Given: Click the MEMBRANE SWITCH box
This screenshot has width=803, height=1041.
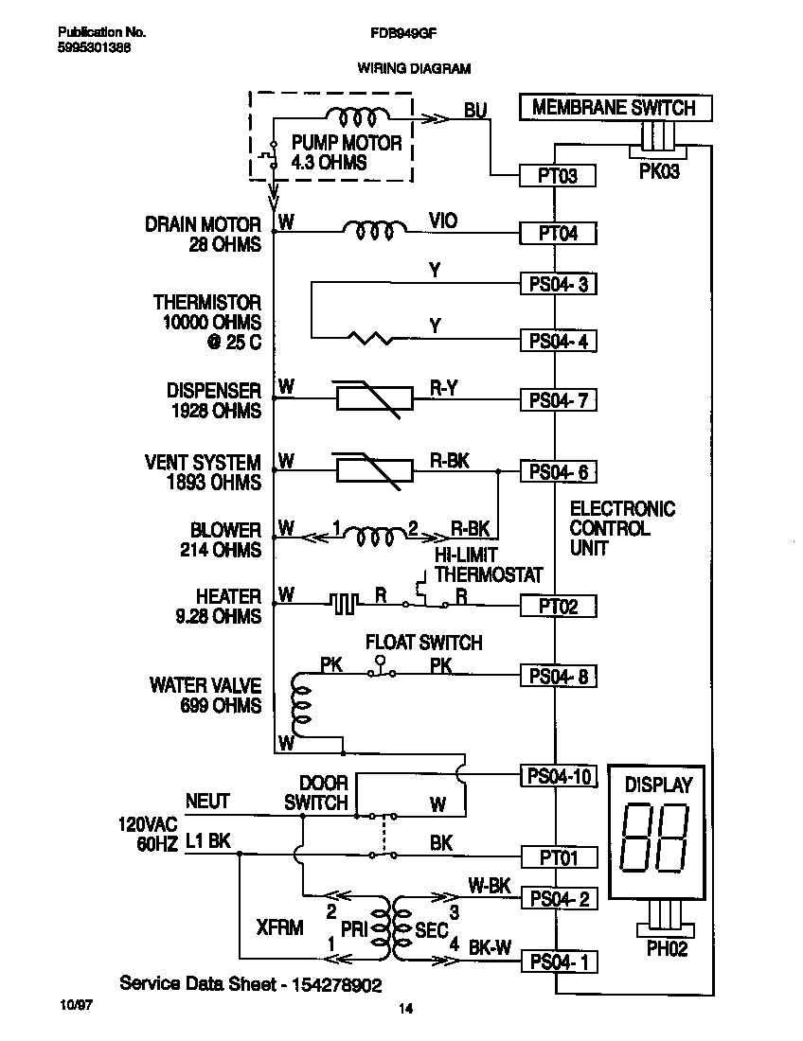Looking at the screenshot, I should (614, 108).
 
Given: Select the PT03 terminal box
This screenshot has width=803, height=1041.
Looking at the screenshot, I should (558, 175).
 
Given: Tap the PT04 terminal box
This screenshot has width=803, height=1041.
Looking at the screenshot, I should (558, 233).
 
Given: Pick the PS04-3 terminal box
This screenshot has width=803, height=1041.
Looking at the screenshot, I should (558, 284).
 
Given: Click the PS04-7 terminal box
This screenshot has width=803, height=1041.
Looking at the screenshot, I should (558, 400).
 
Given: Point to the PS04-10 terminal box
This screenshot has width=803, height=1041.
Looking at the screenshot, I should (558, 777).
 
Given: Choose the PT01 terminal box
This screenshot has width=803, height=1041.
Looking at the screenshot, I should (558, 857).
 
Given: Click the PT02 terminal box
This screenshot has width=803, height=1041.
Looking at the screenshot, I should (558, 607).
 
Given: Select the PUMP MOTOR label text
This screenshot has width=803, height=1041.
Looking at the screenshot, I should (346, 144).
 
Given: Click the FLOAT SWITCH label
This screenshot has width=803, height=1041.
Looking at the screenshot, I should (424, 643).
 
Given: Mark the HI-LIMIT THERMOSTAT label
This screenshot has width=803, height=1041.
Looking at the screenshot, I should (488, 565).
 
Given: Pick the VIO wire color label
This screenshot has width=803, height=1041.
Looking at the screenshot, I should (442, 221).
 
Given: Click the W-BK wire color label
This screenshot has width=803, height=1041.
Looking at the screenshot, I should (490, 886).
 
